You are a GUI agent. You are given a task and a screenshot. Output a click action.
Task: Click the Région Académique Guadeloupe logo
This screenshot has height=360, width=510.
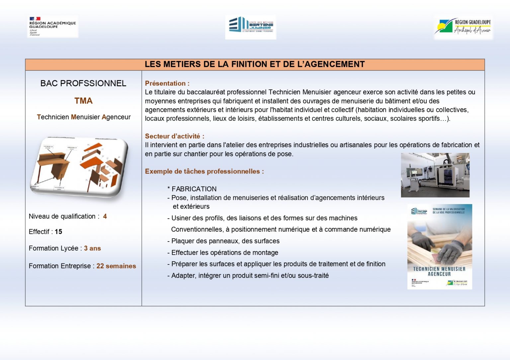click(52, 26)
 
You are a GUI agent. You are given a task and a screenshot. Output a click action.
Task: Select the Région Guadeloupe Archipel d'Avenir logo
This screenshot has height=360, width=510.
click(464, 27)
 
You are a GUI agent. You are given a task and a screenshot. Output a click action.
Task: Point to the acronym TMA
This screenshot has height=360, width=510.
click(83, 101)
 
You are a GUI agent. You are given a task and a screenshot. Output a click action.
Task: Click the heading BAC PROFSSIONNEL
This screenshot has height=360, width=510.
click(83, 83)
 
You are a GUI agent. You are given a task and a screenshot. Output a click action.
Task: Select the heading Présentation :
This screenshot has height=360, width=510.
click(167, 83)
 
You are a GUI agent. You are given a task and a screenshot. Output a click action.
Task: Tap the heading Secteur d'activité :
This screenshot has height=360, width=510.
click(174, 136)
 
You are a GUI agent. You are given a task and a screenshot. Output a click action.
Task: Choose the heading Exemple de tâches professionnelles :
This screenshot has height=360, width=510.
click(204, 172)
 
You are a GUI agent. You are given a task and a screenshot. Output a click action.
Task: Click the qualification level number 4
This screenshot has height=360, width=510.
click(105, 216)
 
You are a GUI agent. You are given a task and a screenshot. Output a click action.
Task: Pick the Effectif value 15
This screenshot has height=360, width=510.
click(58, 232)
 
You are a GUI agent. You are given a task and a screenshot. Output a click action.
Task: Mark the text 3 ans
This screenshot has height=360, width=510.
click(92, 248)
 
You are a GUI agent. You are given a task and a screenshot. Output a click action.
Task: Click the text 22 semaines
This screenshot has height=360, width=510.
click(116, 266)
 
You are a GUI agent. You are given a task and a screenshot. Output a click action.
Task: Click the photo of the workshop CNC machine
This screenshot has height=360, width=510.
click(435, 175)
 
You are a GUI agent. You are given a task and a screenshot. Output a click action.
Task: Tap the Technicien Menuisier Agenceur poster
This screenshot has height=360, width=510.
click(440, 247)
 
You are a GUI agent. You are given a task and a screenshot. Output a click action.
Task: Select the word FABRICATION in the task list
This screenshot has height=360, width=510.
click(194, 189)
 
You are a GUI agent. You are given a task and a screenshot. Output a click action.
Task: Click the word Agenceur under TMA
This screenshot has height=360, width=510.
click(116, 117)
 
